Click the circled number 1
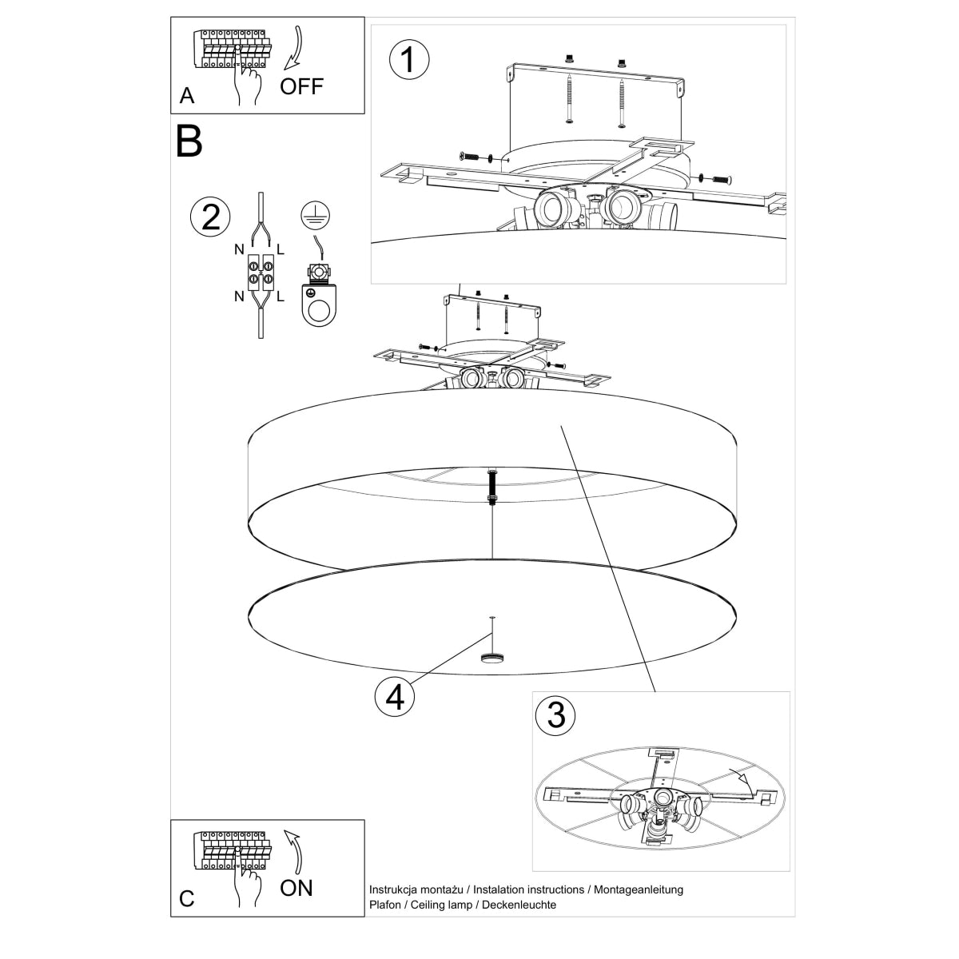[408, 60]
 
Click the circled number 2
[210, 217]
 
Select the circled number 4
[395, 697]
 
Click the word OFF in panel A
[302, 86]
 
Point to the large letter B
[189, 141]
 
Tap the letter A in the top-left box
[187, 96]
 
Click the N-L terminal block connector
[261, 273]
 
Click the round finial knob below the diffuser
[492, 658]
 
